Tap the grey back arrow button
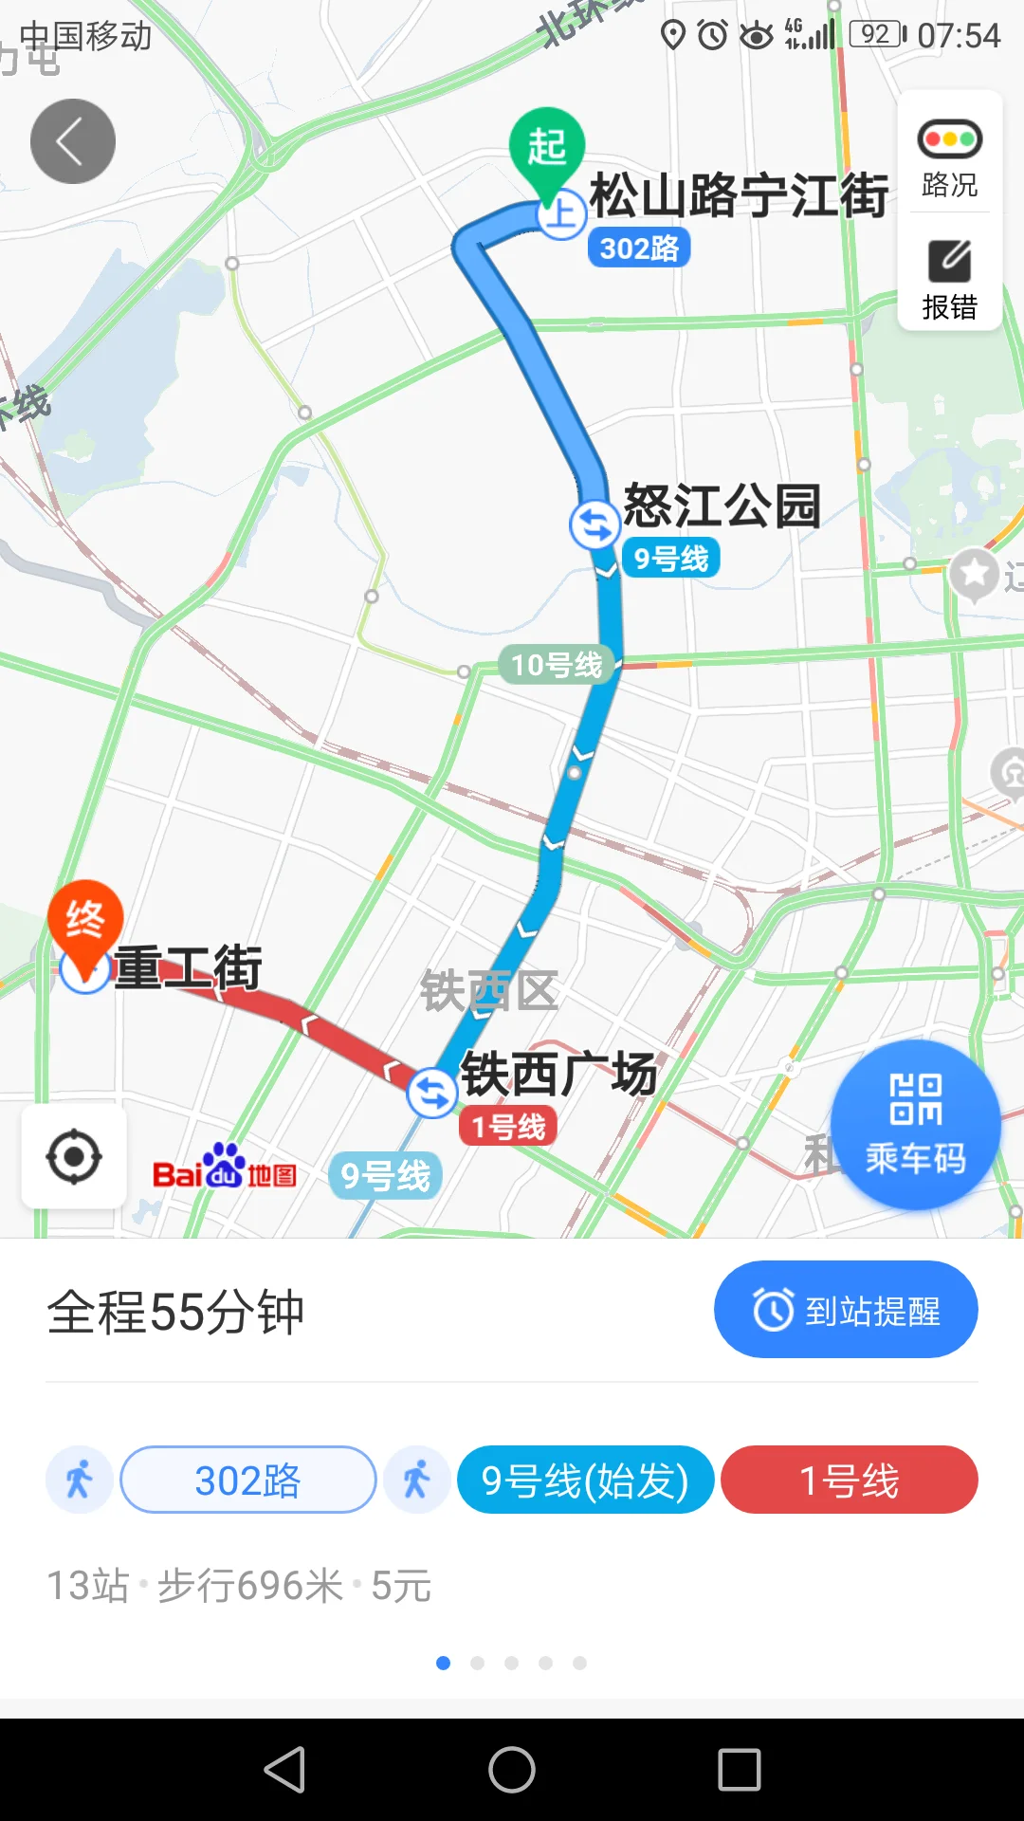tap(73, 141)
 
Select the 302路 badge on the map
tap(639, 248)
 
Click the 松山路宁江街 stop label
tap(739, 195)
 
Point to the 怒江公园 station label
tap(722, 506)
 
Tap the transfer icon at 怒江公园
tap(594, 524)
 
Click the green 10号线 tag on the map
tap(556, 665)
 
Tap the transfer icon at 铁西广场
tap(432, 1094)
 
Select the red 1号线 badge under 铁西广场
tap(508, 1127)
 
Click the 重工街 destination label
tap(188, 968)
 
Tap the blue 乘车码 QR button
tap(915, 1125)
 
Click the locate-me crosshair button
tap(74, 1157)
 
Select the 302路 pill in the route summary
tap(248, 1480)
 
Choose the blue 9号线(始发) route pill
tap(585, 1480)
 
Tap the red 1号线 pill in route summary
tap(849, 1480)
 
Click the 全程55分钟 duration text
tap(176, 1313)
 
